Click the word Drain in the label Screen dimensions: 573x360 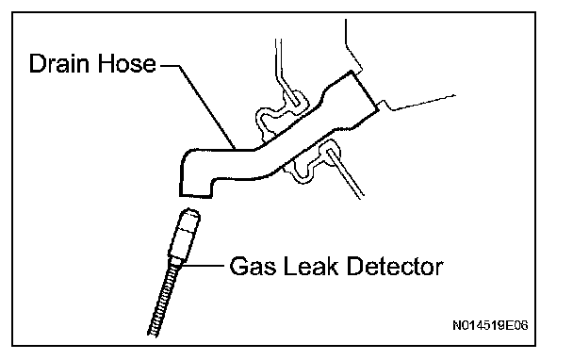tap(59, 63)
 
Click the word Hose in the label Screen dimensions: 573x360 tap(127, 63)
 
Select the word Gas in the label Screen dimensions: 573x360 tap(253, 266)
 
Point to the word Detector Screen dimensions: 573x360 tap(395, 266)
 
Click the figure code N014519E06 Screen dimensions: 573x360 tap(490, 325)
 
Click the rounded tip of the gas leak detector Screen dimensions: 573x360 tap(190, 213)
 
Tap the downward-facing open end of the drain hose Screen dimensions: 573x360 tap(195, 195)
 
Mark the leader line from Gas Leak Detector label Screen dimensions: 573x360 tap(203, 266)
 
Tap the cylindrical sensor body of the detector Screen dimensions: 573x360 tap(184, 237)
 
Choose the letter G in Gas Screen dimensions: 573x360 tap(238, 266)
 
